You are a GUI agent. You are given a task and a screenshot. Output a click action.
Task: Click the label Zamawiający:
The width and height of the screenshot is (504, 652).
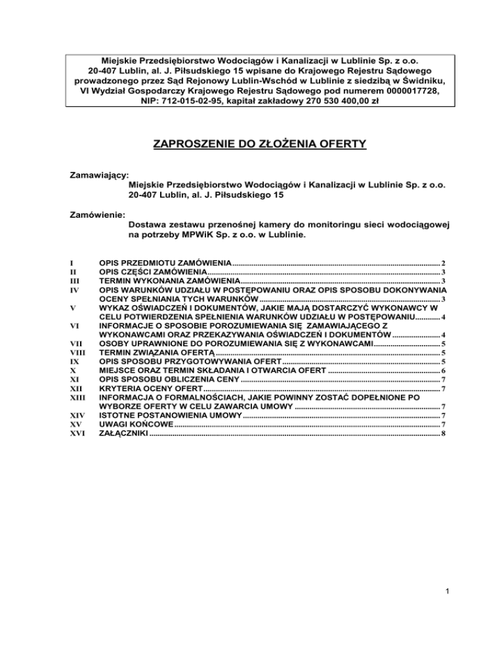(x=99, y=176)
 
